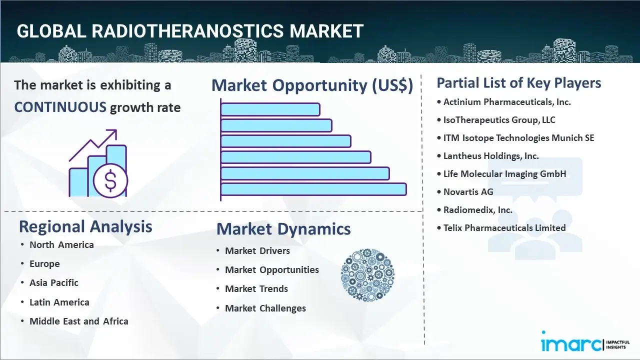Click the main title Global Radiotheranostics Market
pyautogui.click(x=190, y=31)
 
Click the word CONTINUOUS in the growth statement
pyautogui.click(x=60, y=107)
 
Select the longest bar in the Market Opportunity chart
pyautogui.click(x=313, y=189)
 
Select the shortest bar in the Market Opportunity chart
pyautogui.click(x=270, y=109)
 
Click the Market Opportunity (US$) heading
pyautogui.click(x=312, y=85)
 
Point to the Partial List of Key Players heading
pyautogui.click(x=518, y=82)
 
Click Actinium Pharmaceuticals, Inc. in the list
pyautogui.click(x=506, y=102)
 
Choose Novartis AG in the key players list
pyautogui.click(x=468, y=192)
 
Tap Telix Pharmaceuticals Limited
pyautogui.click(x=504, y=228)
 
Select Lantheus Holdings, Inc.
pyautogui.click(x=490, y=156)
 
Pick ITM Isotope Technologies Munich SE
pyautogui.click(x=518, y=138)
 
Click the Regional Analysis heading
pyautogui.click(x=85, y=226)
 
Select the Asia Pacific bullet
pyautogui.click(x=54, y=283)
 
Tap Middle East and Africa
pyautogui.click(x=78, y=321)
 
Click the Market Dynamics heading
pyautogui.click(x=283, y=229)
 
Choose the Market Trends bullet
pyautogui.click(x=256, y=289)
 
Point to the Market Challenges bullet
pyautogui.click(x=265, y=308)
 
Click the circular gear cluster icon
pyautogui.click(x=367, y=275)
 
